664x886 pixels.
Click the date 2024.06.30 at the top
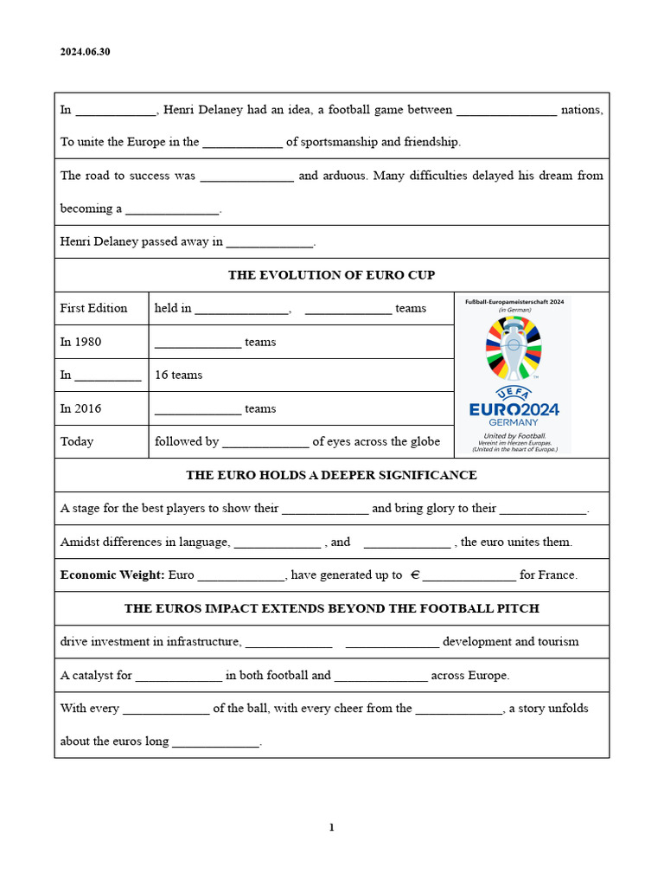(85, 52)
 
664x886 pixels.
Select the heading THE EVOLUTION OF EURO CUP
(331, 275)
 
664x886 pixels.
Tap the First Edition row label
(93, 308)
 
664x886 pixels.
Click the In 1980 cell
(80, 342)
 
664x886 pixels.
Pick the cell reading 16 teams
(178, 375)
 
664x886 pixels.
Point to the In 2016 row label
(80, 408)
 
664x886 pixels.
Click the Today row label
(77, 441)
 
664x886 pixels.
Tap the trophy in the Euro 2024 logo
(514, 350)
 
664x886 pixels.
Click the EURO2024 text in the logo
(514, 408)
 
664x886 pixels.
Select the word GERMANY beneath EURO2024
(514, 422)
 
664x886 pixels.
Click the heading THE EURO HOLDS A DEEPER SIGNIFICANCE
(331, 475)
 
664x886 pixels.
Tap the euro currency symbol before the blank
(415, 575)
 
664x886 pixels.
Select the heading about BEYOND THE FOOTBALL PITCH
(331, 608)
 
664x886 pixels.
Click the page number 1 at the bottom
(331, 827)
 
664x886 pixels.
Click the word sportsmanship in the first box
(339, 142)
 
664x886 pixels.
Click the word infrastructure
(198, 641)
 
